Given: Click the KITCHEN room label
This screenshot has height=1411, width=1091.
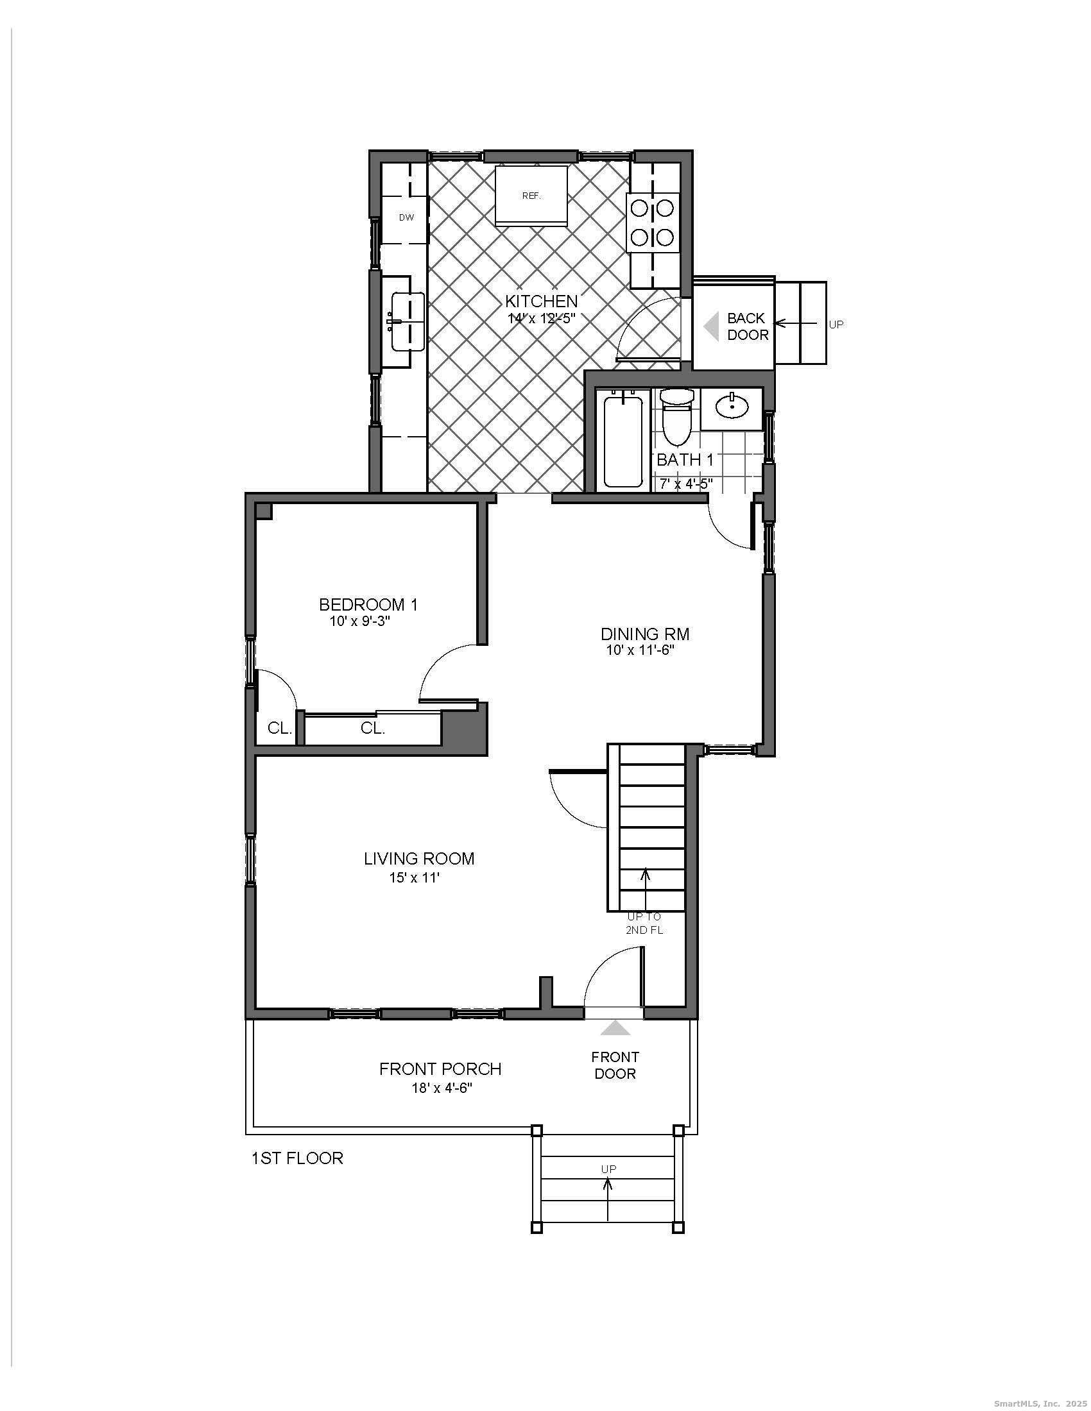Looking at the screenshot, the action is tap(541, 301).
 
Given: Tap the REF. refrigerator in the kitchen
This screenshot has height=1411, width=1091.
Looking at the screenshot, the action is tap(531, 196).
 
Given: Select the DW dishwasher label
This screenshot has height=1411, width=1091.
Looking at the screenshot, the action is tap(406, 217).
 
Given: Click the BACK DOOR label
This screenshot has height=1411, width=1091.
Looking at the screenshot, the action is tap(748, 326).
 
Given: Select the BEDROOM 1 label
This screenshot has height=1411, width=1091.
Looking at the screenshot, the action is tap(368, 605).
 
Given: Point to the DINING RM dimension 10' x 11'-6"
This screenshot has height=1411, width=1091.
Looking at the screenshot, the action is tap(640, 650).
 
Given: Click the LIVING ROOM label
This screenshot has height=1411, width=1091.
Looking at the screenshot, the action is tap(419, 859).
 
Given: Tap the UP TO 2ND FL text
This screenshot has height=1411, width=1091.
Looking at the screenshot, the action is tap(644, 923).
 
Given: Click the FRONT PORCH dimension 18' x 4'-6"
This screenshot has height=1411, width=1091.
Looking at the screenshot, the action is tap(442, 1088).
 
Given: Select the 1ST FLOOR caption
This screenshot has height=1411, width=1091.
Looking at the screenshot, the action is tap(296, 1158).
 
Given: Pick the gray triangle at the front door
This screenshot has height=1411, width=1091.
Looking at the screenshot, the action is tap(615, 1029).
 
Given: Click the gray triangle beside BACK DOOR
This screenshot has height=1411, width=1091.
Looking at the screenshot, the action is tap(712, 327).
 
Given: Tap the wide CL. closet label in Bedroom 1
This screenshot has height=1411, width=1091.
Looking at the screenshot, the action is tap(373, 729).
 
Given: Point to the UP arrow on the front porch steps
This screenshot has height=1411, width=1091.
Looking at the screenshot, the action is tap(608, 1200).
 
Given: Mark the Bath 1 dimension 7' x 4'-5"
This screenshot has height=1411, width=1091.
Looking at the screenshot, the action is tap(686, 482).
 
